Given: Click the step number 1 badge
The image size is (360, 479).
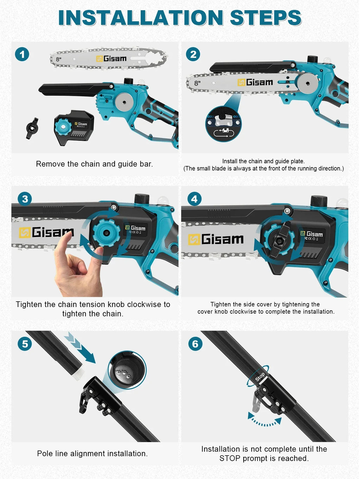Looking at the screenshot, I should tap(22, 54).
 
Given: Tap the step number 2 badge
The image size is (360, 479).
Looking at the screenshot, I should tap(193, 54).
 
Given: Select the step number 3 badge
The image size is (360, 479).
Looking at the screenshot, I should tap(25, 199).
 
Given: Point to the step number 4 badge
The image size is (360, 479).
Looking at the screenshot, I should tap(194, 199).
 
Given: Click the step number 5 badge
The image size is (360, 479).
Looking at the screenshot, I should tap(25, 343).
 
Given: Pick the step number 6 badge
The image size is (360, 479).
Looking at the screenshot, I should tap(195, 343).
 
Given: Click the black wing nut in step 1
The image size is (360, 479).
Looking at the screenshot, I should tap(32, 128).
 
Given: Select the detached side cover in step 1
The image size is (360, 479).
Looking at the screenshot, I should tap(73, 127).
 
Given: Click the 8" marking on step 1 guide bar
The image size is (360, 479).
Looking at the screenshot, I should tap(58, 59).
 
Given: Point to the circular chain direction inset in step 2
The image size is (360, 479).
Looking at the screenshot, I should tap(223, 124).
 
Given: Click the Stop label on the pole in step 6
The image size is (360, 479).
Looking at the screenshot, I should tap(260, 377).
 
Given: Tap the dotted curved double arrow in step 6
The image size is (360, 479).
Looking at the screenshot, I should tap(265, 421).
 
